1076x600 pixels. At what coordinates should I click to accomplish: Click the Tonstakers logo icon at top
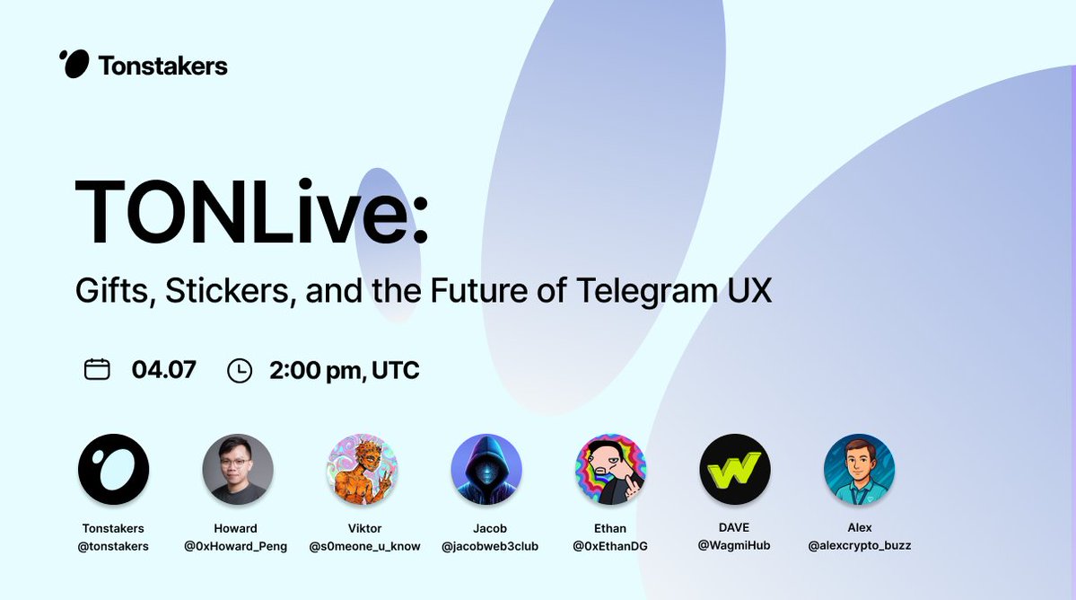pyautogui.click(x=74, y=64)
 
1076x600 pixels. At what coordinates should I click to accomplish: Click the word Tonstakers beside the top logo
pyautogui.click(x=162, y=66)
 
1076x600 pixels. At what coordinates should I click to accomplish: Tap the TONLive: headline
pyautogui.click(x=252, y=211)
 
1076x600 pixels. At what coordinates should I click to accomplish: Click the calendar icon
pyautogui.click(x=97, y=369)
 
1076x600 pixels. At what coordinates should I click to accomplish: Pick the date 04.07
pyautogui.click(x=164, y=369)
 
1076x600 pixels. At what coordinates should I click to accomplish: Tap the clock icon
pyautogui.click(x=240, y=371)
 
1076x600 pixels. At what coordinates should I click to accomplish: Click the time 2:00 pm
pyautogui.click(x=315, y=371)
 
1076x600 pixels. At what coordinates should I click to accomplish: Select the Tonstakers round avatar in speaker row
pyautogui.click(x=113, y=470)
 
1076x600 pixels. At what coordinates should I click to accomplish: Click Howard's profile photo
pyautogui.click(x=238, y=470)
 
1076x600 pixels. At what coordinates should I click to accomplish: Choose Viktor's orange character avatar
pyautogui.click(x=362, y=470)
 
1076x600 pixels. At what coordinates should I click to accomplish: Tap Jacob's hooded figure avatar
pyautogui.click(x=486, y=470)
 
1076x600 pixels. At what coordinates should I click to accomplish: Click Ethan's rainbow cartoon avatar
pyautogui.click(x=611, y=470)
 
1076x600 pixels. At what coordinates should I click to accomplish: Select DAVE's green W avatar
pyautogui.click(x=735, y=470)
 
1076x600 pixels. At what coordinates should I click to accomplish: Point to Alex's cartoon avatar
pyautogui.click(x=859, y=470)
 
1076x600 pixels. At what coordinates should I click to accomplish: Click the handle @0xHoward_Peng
pyautogui.click(x=235, y=546)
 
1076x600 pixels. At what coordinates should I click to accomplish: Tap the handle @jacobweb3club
pyautogui.click(x=490, y=546)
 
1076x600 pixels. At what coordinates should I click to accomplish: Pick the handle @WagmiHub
pyautogui.click(x=734, y=546)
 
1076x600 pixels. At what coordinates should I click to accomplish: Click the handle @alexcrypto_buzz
pyautogui.click(x=860, y=546)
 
